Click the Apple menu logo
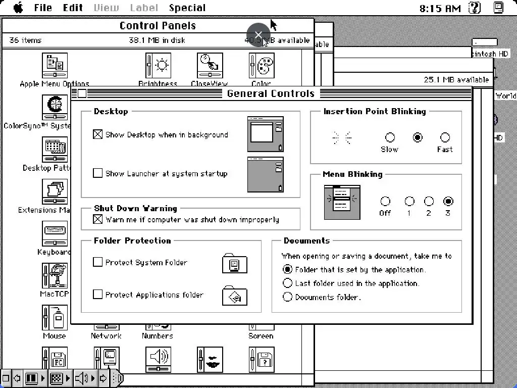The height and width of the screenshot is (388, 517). coord(18,8)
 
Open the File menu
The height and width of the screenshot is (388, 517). coord(43,8)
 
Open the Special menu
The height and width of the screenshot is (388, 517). coord(187,8)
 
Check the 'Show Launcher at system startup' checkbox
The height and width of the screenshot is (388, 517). coord(98,173)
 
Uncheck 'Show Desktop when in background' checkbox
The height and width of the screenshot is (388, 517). coord(98,134)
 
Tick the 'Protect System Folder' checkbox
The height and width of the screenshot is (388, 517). coord(98,262)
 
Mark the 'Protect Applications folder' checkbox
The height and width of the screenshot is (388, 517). coord(98,295)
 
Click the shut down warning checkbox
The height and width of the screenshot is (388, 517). coord(98,219)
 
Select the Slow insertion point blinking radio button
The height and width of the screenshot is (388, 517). coord(390,137)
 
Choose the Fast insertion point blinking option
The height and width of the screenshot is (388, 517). coord(445,137)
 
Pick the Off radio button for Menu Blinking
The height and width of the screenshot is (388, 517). coord(385,202)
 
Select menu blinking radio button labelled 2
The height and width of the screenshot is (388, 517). coord(429,202)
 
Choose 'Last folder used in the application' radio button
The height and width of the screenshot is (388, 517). coord(288,283)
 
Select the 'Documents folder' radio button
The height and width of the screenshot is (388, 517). coord(288,297)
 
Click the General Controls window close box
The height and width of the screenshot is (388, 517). coord(82,93)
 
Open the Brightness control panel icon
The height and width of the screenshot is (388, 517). coord(158,66)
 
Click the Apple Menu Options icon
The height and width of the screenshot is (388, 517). coord(55,66)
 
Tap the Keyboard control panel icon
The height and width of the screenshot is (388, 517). coord(55,234)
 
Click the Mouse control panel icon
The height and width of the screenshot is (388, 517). coord(55,318)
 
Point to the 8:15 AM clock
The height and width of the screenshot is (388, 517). coord(440,8)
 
